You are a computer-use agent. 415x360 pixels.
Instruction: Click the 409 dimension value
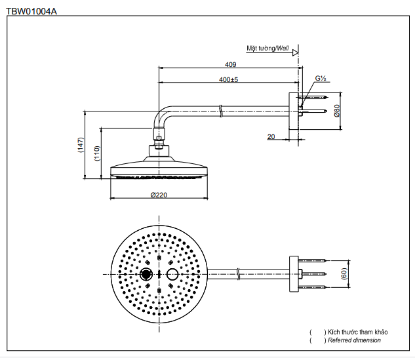tap(230, 64)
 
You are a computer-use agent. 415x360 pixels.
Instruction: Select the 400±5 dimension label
tap(228, 79)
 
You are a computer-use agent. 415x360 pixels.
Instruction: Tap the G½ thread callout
tap(321, 78)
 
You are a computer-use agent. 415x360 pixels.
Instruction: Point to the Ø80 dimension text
tap(336, 110)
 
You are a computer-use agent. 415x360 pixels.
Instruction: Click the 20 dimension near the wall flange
tap(271, 136)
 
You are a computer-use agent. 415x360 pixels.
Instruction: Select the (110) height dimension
tap(96, 153)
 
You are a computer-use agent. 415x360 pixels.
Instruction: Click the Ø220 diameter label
tap(159, 194)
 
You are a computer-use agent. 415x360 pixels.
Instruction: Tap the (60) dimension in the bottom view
tap(344, 273)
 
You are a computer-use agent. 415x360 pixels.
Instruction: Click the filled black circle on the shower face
tap(146, 273)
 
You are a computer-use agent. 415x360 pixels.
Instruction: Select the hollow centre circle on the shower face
tap(172, 273)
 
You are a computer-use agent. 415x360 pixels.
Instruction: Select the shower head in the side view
tap(159, 167)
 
